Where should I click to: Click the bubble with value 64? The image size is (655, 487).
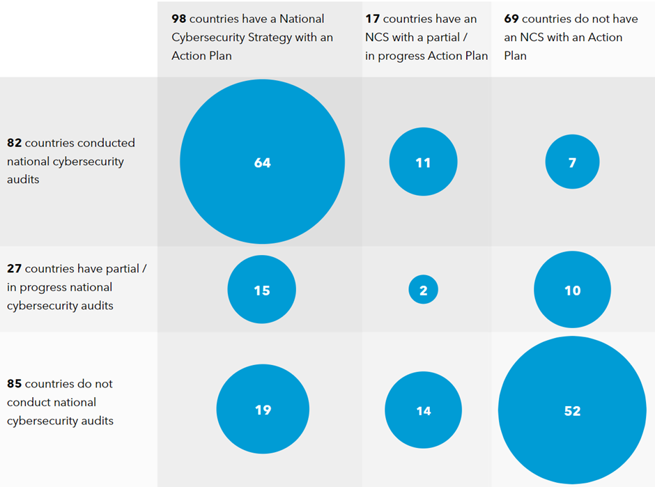tap(262, 162)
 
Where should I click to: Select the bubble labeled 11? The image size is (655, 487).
tap(423, 162)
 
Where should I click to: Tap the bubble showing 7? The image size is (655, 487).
tap(572, 162)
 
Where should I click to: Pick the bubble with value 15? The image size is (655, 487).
tap(262, 289)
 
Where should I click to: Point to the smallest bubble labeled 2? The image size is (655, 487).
tap(423, 290)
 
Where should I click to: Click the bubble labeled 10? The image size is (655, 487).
tap(572, 290)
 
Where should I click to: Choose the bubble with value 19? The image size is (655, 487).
tap(263, 410)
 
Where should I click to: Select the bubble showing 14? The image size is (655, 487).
tap(423, 410)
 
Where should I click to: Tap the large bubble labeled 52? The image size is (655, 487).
tap(572, 410)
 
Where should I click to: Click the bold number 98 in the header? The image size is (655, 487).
tap(179, 19)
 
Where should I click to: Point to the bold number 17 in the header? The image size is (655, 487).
tap(372, 19)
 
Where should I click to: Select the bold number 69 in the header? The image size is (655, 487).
tap(511, 19)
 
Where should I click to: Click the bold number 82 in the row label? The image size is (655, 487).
tap(14, 143)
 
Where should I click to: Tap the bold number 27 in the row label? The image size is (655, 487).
tap(14, 268)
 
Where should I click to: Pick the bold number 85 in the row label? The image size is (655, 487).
tap(14, 384)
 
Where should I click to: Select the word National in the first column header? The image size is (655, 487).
tap(302, 19)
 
